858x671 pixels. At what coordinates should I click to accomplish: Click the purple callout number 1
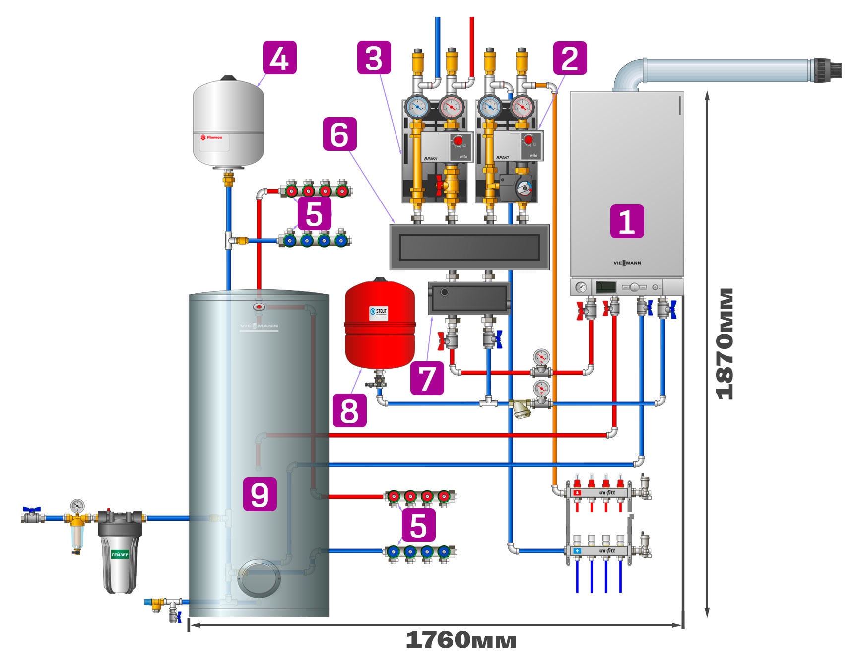[x=627, y=221]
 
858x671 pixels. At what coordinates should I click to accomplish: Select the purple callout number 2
[x=570, y=58]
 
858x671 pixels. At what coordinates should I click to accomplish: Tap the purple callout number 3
[x=374, y=58]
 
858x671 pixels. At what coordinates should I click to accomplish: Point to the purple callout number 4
[x=279, y=58]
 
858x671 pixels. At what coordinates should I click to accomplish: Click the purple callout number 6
[x=339, y=134]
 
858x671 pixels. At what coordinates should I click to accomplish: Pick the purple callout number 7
[x=427, y=378]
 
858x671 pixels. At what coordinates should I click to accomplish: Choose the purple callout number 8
[x=349, y=410]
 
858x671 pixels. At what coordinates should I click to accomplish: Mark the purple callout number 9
[x=260, y=494]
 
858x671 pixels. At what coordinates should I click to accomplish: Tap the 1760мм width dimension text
[x=461, y=640]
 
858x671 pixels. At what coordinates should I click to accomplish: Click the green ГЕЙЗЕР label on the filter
[x=120, y=554]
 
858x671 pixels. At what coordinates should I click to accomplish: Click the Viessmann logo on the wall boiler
[x=627, y=263]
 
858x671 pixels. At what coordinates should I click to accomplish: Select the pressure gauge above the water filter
[x=77, y=506]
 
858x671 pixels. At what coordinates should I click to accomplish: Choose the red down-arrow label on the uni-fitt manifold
[x=577, y=493]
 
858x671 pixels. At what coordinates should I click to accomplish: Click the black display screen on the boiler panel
[x=605, y=287]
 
